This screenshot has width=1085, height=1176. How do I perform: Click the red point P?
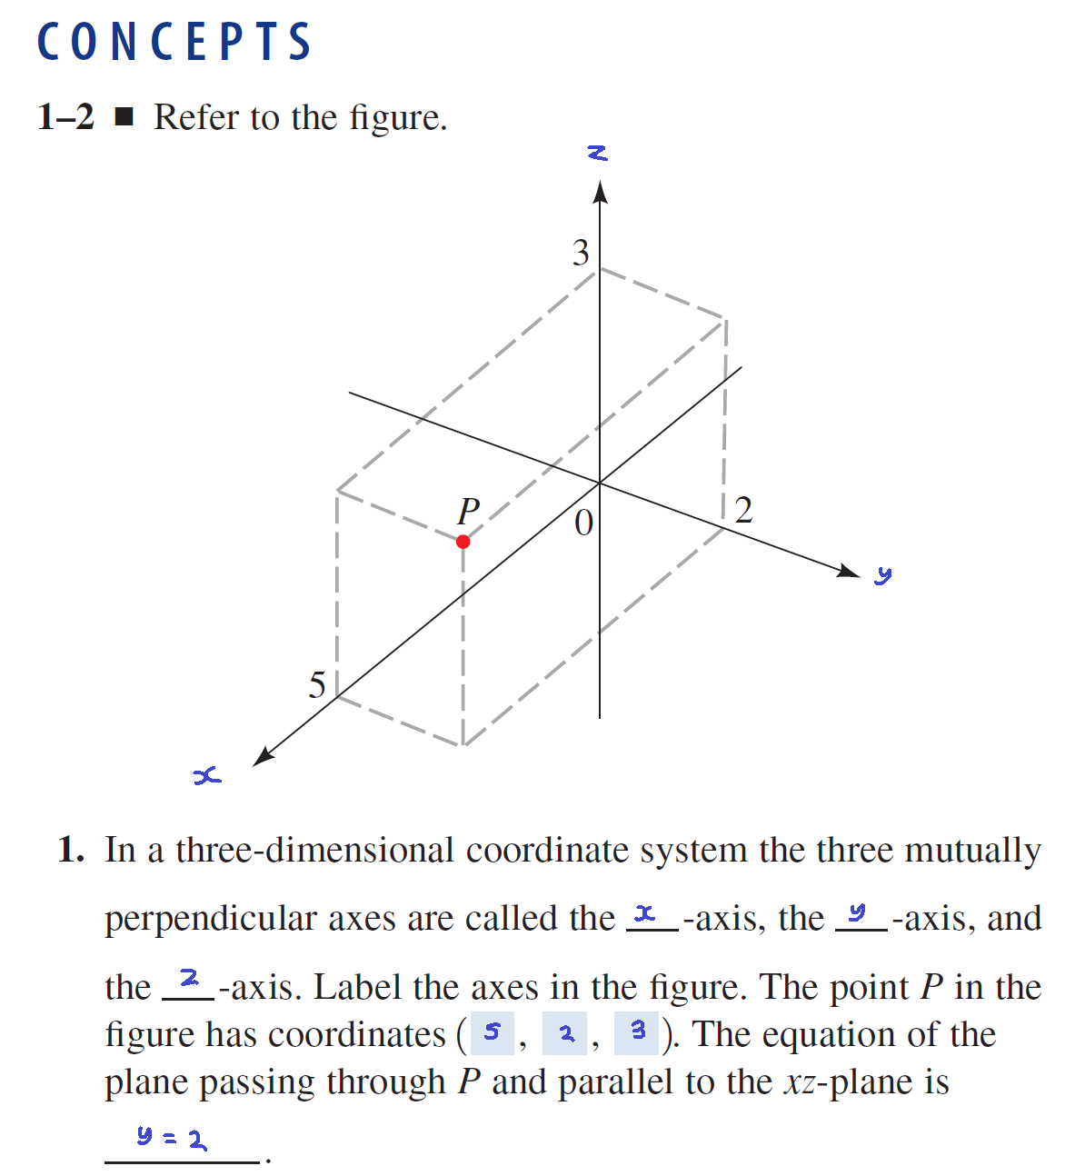pyautogui.click(x=463, y=542)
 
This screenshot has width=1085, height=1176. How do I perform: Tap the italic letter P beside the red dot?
pyautogui.click(x=468, y=511)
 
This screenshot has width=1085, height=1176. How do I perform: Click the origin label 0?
pyautogui.click(x=583, y=523)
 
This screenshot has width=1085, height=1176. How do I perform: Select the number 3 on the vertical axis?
pyautogui.click(x=581, y=253)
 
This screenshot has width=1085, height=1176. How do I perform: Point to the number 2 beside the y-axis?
pyautogui.click(x=743, y=510)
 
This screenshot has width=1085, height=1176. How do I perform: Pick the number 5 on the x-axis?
pyautogui.click(x=317, y=684)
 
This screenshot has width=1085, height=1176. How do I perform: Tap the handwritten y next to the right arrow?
pyautogui.click(x=883, y=574)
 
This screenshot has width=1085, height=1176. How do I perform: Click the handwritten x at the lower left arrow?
pyautogui.click(x=207, y=775)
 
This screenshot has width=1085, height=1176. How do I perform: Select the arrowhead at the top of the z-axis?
pyautogui.click(x=599, y=193)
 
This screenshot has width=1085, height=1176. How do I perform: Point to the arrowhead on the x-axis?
pyautogui.click(x=263, y=756)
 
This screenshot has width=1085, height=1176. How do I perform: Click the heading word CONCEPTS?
pyautogui.click(x=174, y=42)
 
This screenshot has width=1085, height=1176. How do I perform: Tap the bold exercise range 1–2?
pyautogui.click(x=65, y=117)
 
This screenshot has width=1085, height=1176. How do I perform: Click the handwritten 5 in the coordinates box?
pyautogui.click(x=493, y=1032)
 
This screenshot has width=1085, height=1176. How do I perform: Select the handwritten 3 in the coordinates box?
pyautogui.click(x=638, y=1031)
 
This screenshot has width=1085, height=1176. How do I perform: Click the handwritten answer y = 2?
pyautogui.click(x=172, y=1136)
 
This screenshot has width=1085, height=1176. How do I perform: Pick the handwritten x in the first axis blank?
pyautogui.click(x=645, y=912)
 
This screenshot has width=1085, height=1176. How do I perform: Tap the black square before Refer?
pyautogui.click(x=124, y=117)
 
